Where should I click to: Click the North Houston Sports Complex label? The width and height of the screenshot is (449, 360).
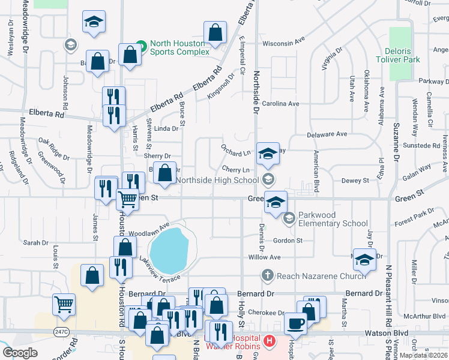point(179,47)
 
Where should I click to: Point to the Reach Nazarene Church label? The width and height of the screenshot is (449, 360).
point(321,275)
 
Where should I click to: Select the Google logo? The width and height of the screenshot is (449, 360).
point(20,353)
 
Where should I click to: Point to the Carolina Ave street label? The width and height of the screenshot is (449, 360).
point(279,103)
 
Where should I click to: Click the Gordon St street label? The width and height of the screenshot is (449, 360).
point(288,240)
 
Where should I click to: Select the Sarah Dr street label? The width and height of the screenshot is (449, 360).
point(35,242)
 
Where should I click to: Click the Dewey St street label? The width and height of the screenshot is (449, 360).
point(355,180)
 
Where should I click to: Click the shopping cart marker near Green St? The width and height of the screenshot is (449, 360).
point(127,199)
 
